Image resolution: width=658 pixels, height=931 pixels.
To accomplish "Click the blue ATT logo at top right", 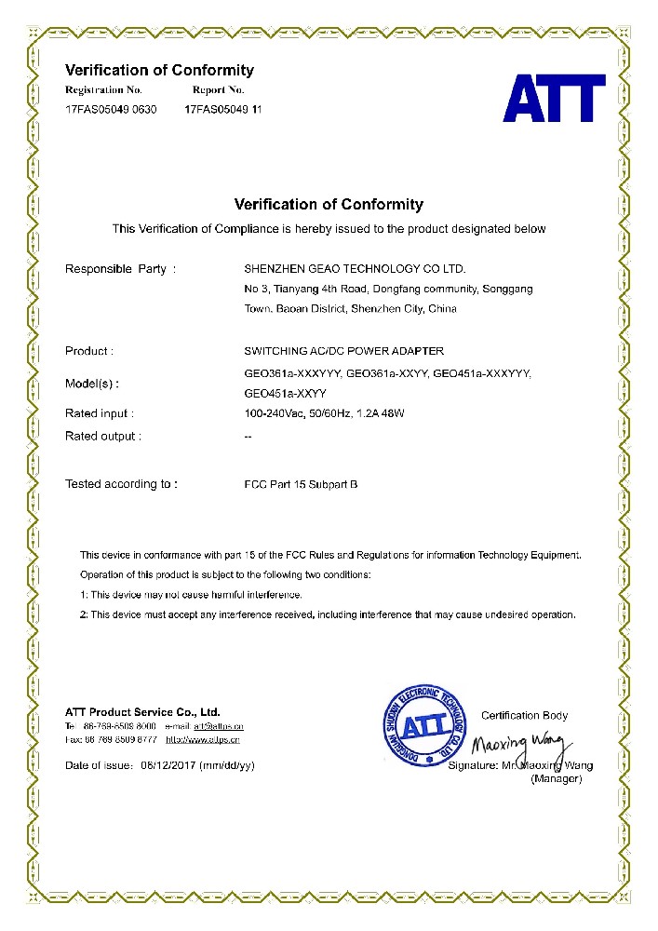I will [555, 98].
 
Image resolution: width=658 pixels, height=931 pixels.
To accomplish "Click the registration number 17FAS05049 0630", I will [111, 109].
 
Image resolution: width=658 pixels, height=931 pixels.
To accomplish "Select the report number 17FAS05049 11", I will [223, 109].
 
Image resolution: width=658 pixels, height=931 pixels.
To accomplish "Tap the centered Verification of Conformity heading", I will [329, 205].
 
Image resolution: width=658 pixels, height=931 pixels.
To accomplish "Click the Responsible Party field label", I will [120, 269].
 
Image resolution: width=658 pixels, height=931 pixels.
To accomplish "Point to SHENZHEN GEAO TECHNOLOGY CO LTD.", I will [354, 269].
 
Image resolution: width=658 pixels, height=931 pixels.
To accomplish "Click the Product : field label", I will [89, 351].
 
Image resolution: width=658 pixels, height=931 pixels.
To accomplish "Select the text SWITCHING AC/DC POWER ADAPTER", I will [343, 351].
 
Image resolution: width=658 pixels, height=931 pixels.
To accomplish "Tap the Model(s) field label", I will [92, 384].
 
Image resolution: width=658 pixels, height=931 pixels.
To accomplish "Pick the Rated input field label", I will [100, 412].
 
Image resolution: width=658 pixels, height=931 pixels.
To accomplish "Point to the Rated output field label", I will [103, 436].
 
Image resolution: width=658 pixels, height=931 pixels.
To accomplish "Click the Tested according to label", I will [121, 484].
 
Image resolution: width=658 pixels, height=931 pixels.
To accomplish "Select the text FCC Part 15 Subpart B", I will [301, 484].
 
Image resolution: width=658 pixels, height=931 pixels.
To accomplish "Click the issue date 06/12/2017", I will [168, 765].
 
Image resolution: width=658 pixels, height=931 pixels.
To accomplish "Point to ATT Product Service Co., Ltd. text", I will [142, 711].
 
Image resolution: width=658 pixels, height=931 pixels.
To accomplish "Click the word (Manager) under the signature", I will [556, 778].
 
